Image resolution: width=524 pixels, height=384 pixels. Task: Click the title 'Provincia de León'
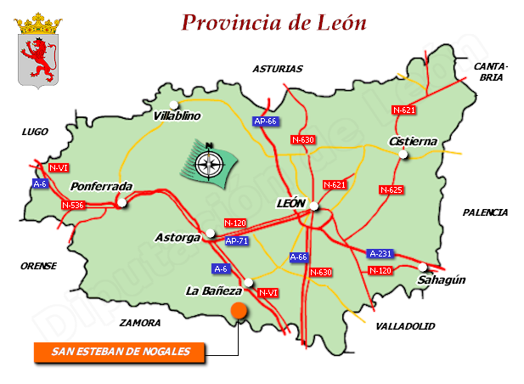click(273, 22)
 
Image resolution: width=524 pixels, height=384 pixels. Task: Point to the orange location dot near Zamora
click(239, 310)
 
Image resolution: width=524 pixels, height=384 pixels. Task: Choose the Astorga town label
click(176, 238)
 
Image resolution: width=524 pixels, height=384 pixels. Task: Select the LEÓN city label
click(290, 204)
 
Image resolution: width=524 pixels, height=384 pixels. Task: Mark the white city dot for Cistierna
click(405, 155)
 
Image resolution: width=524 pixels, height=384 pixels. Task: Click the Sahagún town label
click(442, 280)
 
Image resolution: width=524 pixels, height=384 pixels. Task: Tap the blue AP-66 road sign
click(266, 121)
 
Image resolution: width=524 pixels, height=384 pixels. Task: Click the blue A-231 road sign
click(380, 253)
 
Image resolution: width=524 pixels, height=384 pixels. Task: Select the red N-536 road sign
click(74, 205)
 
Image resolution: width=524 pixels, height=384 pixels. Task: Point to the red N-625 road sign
click(391, 189)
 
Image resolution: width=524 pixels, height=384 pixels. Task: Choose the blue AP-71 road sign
click(237, 241)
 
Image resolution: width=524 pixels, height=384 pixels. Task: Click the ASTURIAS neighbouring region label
click(277, 69)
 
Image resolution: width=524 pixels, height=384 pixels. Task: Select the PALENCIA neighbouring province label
click(485, 212)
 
